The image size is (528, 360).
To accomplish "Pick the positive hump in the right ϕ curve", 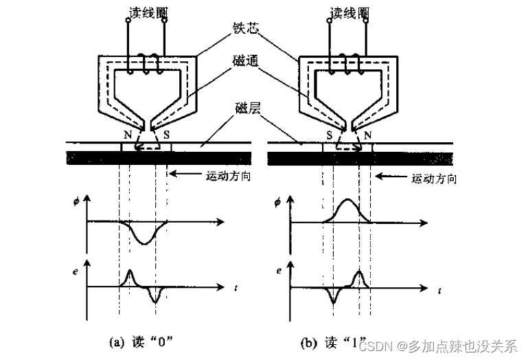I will click(x=346, y=203).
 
